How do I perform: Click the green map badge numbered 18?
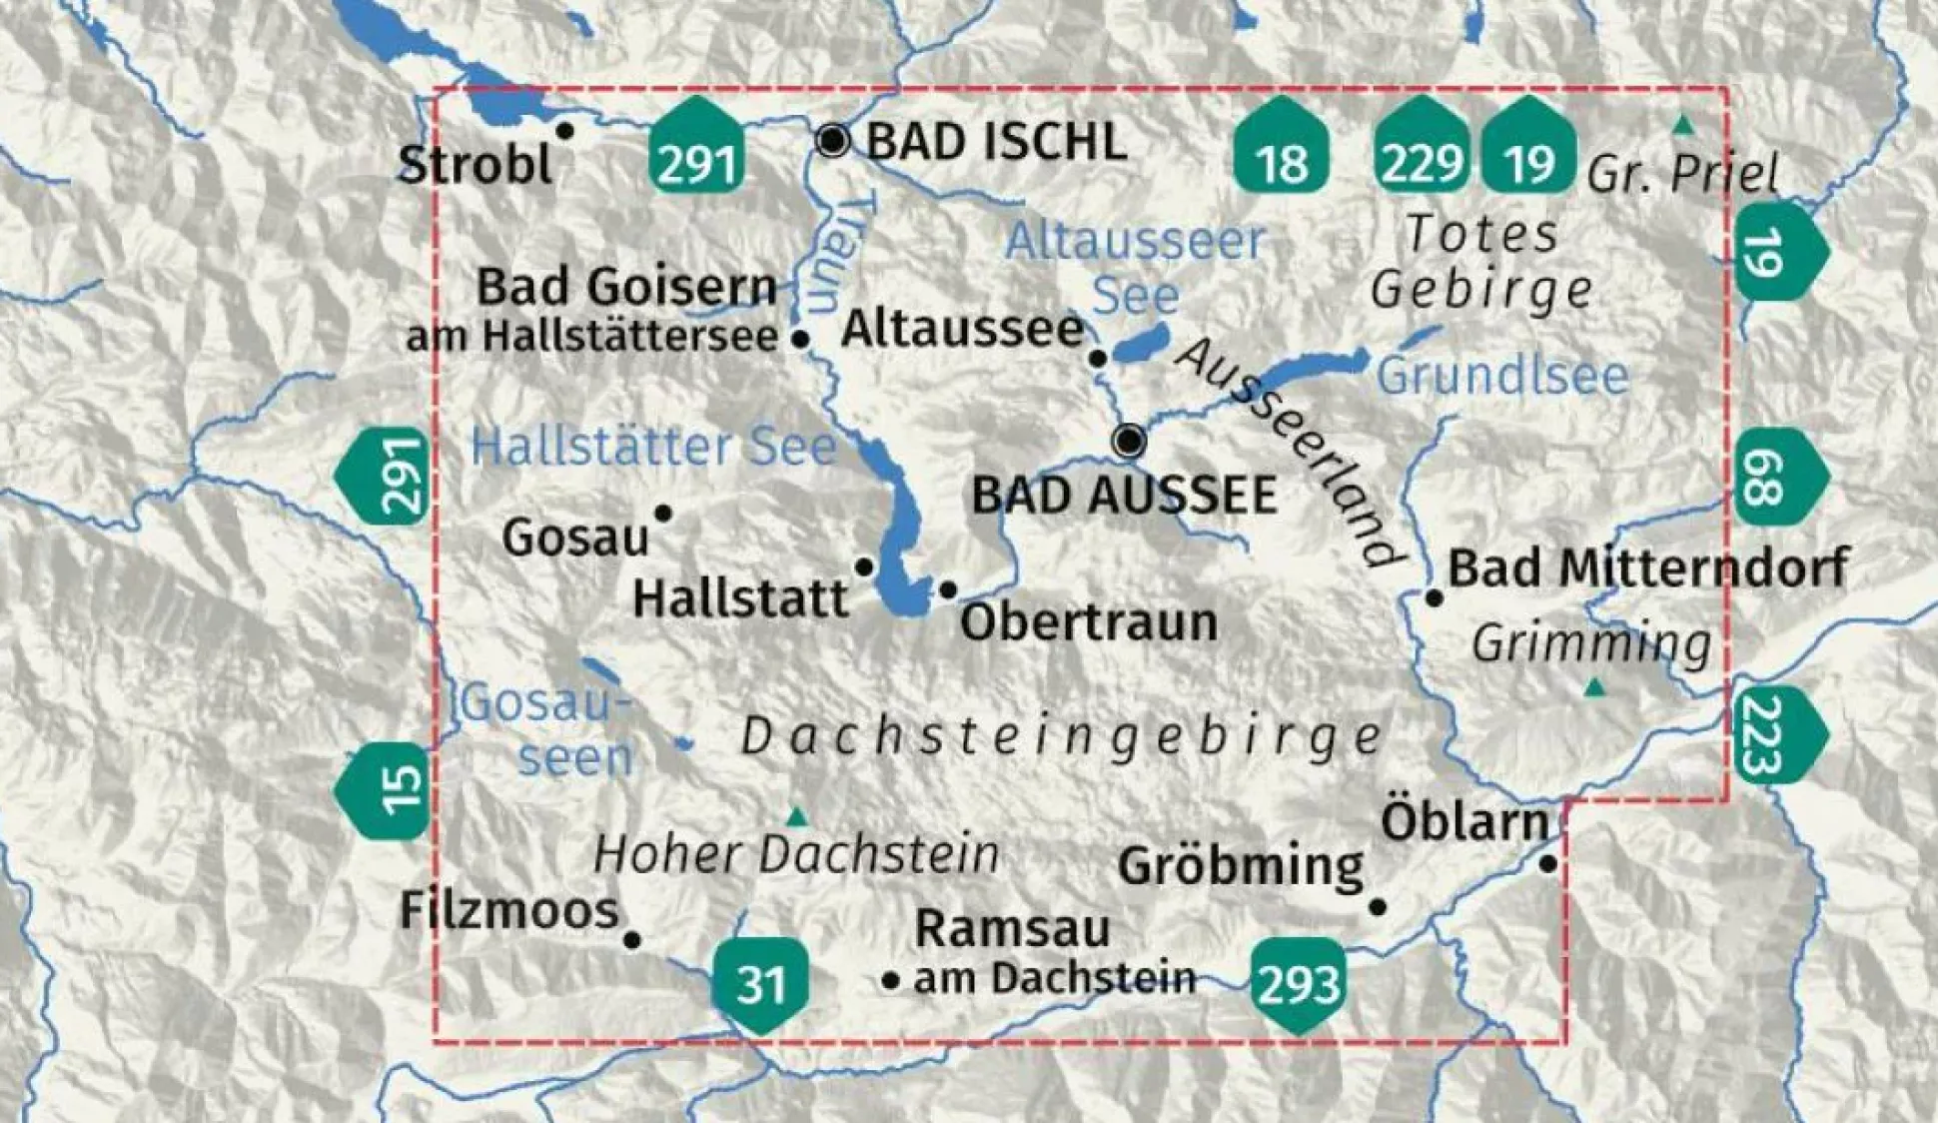[x=1281, y=147]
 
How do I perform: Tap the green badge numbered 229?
[x=1422, y=147]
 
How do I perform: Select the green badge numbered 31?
[x=760, y=984]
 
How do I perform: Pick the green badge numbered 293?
[x=1298, y=984]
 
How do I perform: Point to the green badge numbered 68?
[x=1778, y=478]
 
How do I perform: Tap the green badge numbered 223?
[x=1778, y=734]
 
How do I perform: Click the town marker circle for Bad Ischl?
[x=832, y=141]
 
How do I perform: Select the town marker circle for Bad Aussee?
[x=1130, y=440]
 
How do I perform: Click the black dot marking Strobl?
[x=564, y=131]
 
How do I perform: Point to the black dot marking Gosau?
[x=662, y=514]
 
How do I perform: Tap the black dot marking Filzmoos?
[x=632, y=939]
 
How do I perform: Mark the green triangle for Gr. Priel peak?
[x=1684, y=126]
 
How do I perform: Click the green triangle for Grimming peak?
[x=1595, y=688]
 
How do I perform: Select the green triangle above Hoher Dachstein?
[x=796, y=818]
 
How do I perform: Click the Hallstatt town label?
[x=740, y=599]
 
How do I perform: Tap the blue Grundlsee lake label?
[x=1502, y=377]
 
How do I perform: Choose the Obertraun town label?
[x=1088, y=622]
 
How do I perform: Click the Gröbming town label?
[x=1241, y=865]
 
